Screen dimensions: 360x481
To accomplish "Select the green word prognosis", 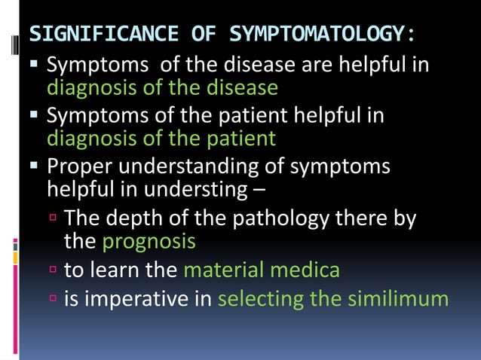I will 149,243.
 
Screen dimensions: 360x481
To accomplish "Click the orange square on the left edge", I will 15,258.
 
